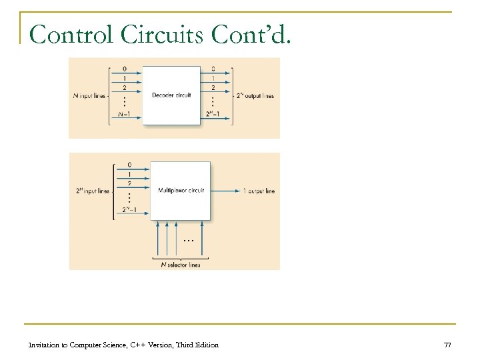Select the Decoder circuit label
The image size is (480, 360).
(171, 95)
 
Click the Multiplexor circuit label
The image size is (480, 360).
(181, 191)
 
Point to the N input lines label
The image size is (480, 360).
(88, 95)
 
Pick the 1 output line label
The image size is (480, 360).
(259, 191)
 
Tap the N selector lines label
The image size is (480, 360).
(181, 265)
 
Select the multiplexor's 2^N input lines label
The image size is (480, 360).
(93, 191)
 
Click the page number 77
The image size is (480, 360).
(447, 345)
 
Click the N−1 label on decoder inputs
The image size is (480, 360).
(124, 114)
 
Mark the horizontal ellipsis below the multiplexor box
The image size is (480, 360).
(188, 240)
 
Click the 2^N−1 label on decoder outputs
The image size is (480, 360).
(213, 114)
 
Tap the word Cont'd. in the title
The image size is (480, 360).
(251, 34)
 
